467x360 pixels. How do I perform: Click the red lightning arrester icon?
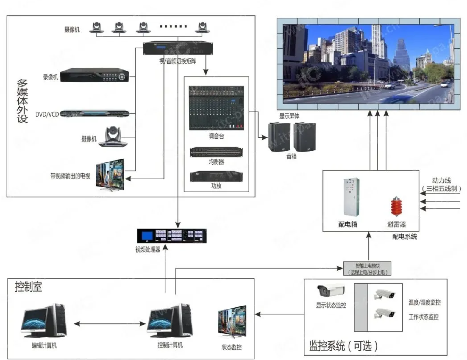(396, 206)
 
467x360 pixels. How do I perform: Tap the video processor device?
(171, 236)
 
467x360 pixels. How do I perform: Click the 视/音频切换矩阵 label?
(177, 61)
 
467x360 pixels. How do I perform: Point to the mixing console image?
(216, 108)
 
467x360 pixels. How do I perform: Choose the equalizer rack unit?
(216, 152)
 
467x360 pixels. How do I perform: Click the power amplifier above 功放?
(216, 176)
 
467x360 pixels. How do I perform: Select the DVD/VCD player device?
(95, 113)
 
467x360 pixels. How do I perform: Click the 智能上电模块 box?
(367, 268)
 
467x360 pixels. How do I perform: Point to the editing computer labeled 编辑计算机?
(44, 321)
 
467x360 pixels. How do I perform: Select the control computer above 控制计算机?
(170, 321)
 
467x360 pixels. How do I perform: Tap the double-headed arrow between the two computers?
(109, 323)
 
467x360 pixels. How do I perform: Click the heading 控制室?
(29, 287)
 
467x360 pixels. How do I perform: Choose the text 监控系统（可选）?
(343, 346)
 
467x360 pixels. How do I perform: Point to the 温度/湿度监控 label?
(424, 303)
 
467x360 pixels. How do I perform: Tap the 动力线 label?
(441, 181)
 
